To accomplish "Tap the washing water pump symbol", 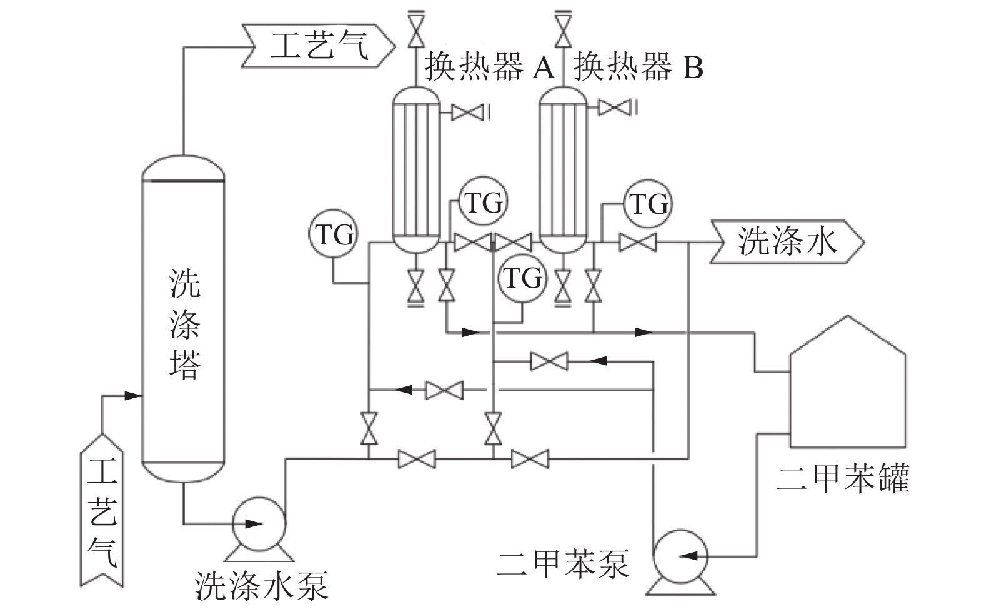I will click(259, 523).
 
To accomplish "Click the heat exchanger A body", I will click(415, 169).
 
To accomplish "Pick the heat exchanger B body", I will click(564, 169).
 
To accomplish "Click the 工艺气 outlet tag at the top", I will click(319, 47).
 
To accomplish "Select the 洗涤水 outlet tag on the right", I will click(787, 241).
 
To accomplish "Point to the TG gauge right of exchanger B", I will click(647, 204).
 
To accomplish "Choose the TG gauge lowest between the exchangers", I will click(522, 278).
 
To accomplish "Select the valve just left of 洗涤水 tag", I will click(637, 242).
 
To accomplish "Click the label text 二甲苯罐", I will click(842, 478).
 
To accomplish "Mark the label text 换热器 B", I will click(639, 67).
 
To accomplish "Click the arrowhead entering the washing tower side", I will click(132, 395).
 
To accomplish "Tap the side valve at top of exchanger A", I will click(466, 113).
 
